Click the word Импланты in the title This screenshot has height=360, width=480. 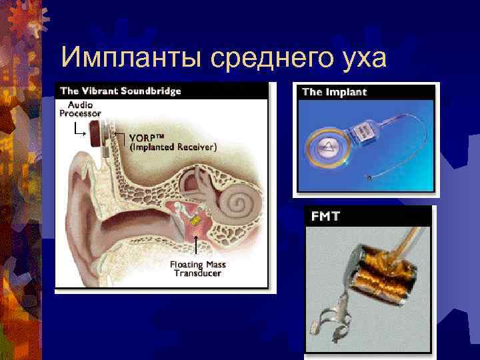point(131,58)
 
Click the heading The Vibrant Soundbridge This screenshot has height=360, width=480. point(121,91)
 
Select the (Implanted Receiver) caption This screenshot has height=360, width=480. point(172,147)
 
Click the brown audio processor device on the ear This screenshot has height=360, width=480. point(97,132)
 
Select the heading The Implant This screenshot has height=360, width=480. point(335,92)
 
